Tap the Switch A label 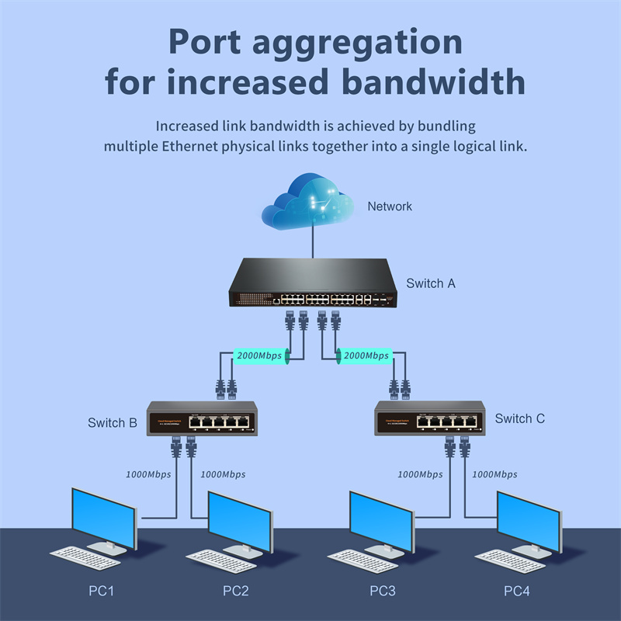coord(431,283)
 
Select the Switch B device coord(202,418)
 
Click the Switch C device coord(429,418)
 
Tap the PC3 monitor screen coord(380,519)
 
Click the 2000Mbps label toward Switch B coord(259,356)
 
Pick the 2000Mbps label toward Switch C coord(366,356)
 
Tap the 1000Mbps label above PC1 coord(148,474)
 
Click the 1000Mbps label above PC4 coord(494,474)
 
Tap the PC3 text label coord(383,592)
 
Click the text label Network coord(390,206)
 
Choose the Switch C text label coord(519,418)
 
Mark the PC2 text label coord(236,592)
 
